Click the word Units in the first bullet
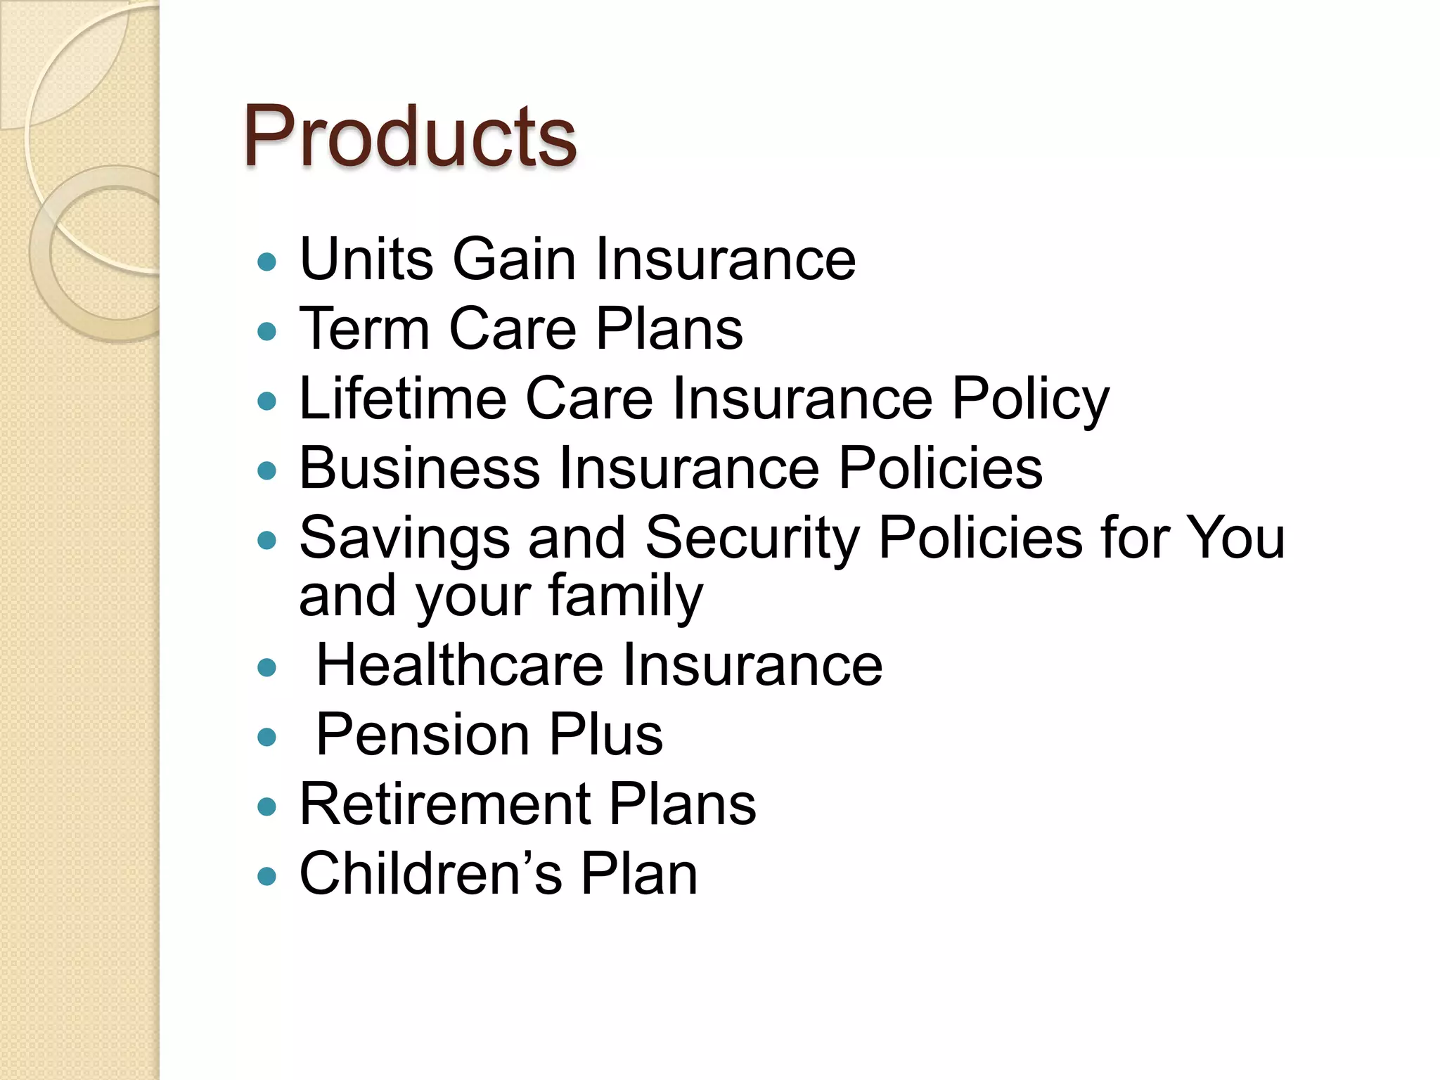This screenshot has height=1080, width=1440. click(367, 259)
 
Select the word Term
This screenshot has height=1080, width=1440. click(364, 328)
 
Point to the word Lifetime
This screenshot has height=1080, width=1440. click(403, 399)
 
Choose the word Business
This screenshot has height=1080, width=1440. click(419, 468)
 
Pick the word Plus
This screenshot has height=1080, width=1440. click(605, 735)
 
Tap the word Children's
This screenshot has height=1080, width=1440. click(430, 874)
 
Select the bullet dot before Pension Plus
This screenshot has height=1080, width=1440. click(267, 738)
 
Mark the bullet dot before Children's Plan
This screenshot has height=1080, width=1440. click(267, 877)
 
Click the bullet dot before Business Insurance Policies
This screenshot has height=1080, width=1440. click(267, 471)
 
